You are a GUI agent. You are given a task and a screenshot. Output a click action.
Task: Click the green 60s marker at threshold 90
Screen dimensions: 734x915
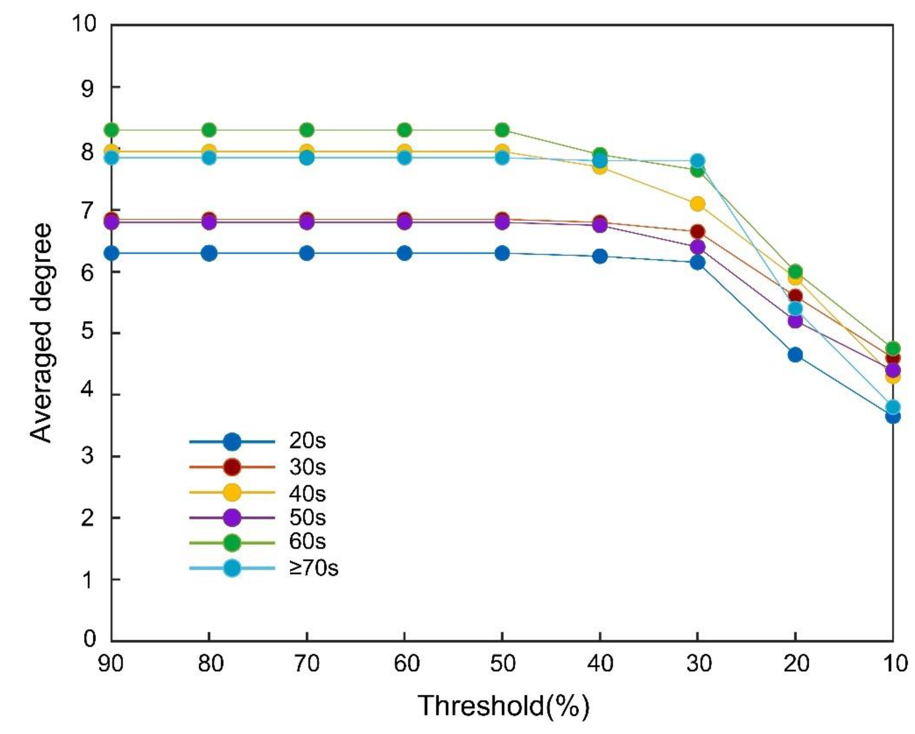tap(111, 130)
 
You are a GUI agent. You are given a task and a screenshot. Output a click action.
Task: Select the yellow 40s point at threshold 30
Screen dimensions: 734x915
tap(697, 204)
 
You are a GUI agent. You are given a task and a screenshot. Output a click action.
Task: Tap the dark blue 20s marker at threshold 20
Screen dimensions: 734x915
tap(795, 355)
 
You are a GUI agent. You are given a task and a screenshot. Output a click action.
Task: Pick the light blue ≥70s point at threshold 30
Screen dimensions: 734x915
tap(697, 161)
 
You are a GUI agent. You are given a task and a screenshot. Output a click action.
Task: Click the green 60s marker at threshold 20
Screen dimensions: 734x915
tap(795, 271)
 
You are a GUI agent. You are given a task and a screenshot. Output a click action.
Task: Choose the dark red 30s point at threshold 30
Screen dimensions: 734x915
tap(697, 232)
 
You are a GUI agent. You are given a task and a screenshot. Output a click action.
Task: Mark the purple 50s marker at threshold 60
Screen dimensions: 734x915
tap(405, 222)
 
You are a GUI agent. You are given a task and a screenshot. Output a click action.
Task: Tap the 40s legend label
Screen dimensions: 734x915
tap(307, 493)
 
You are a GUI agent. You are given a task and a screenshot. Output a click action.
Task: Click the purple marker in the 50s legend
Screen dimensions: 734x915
tap(232, 518)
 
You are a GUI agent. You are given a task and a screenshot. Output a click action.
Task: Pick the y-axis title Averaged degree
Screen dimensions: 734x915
tap(42, 333)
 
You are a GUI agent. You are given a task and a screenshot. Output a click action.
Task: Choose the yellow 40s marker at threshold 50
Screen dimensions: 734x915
tap(502, 151)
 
